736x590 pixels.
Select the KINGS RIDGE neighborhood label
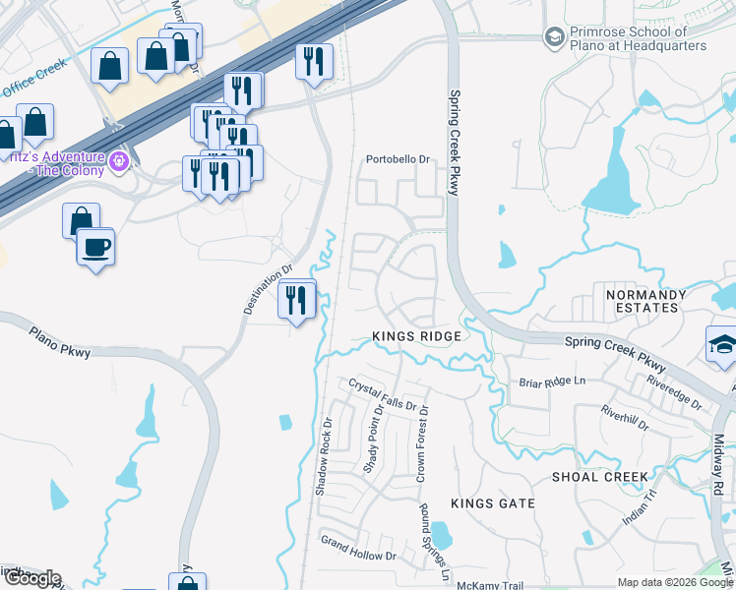(x=417, y=337)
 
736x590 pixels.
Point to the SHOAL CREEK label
(x=599, y=477)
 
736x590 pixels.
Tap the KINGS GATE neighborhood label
(x=493, y=503)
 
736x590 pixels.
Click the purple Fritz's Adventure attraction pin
(x=120, y=159)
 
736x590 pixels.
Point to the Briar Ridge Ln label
(x=551, y=381)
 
